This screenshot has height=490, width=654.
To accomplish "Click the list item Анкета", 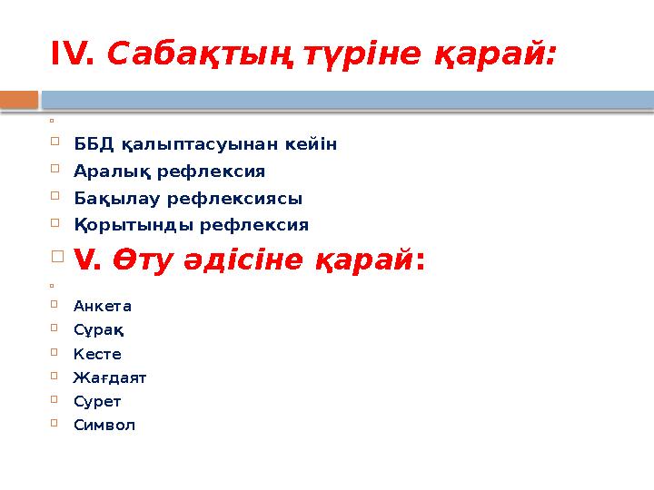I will point(103,306).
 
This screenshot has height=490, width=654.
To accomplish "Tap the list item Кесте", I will point(97,353).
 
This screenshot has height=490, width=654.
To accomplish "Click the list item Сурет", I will point(97,400).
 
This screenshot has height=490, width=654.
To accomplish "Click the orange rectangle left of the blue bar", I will point(19,98).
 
